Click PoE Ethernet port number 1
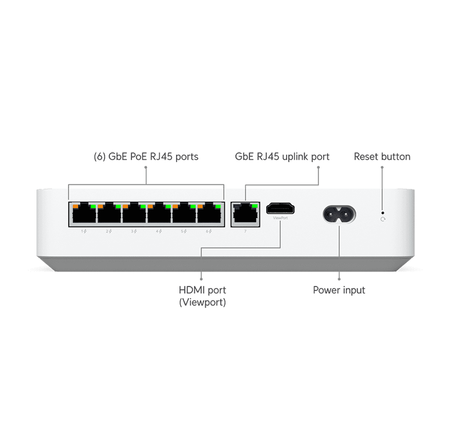tap(84, 214)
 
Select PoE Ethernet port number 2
tap(109, 214)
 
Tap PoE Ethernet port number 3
tap(134, 214)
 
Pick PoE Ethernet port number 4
tap(159, 214)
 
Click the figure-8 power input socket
tap(339, 213)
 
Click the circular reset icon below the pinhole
tap(382, 220)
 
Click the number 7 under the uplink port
tap(245, 231)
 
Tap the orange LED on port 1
tap(75, 205)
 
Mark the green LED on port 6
tap(217, 205)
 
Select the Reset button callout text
tap(382, 157)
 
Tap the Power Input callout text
tap(339, 289)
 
